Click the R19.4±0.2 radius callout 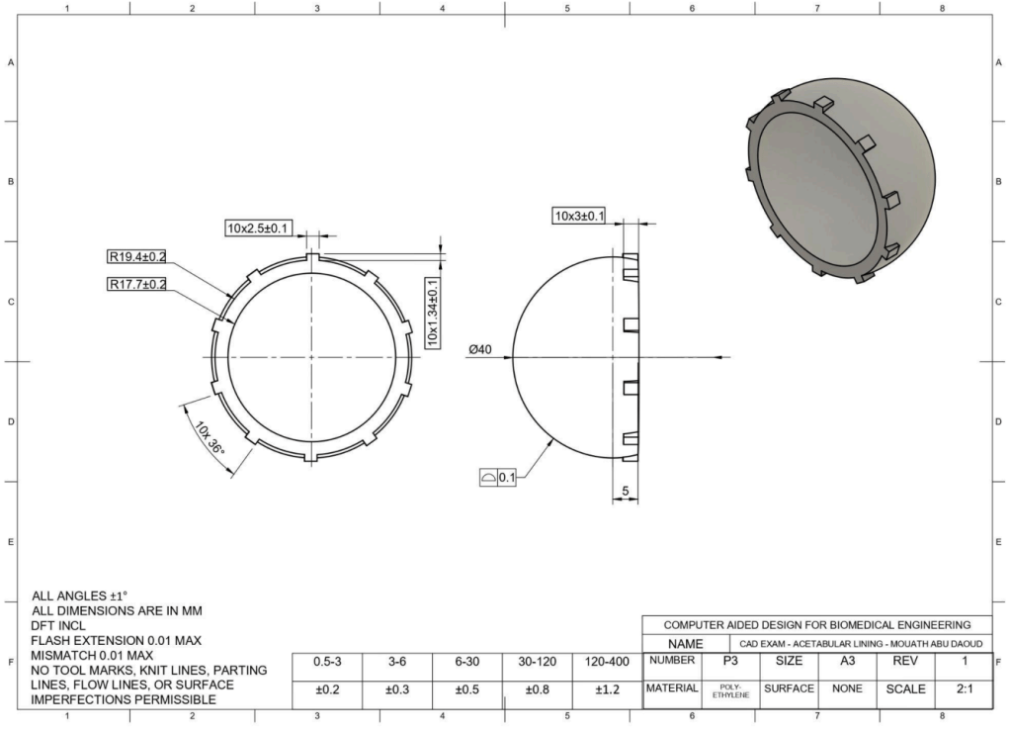(x=136, y=257)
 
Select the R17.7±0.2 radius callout (x=136, y=284)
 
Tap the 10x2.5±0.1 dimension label (x=258, y=228)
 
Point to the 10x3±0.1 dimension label (x=580, y=216)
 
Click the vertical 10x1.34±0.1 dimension (x=433, y=313)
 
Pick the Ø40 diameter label (x=479, y=350)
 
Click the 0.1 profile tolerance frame (x=498, y=478)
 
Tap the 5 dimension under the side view (x=625, y=491)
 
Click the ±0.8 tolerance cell (x=537, y=689)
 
